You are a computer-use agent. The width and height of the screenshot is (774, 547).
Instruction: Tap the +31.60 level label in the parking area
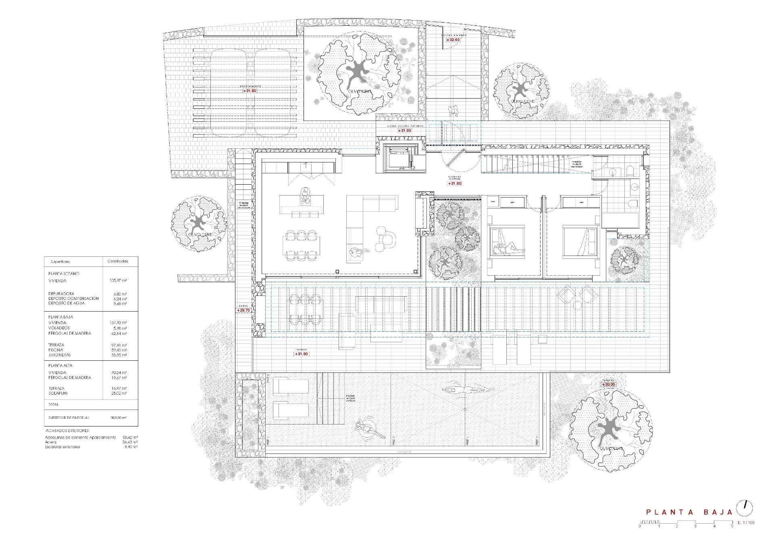(x=250, y=91)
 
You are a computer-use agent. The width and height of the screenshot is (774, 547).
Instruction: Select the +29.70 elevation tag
(x=243, y=310)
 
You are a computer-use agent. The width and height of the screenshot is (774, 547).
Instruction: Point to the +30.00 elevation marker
(x=609, y=385)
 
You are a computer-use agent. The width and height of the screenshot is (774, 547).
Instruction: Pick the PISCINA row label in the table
(x=56, y=350)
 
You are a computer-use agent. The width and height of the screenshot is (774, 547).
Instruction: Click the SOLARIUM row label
(x=58, y=393)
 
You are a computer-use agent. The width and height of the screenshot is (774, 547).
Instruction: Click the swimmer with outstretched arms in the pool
(x=468, y=390)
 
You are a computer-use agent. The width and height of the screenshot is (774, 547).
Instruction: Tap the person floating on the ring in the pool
(x=368, y=429)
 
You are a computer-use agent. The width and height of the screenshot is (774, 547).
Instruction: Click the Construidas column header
(x=118, y=261)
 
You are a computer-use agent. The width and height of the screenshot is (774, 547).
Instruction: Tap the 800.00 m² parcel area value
(x=118, y=418)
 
